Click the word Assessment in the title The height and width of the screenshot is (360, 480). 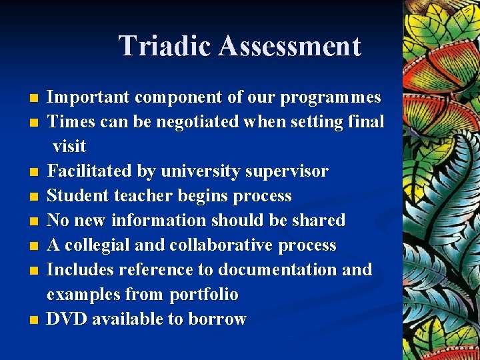click(x=289, y=46)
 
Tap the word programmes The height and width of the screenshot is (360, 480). click(x=331, y=97)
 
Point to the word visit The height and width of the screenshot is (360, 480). click(x=69, y=146)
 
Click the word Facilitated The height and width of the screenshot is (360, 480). click(x=89, y=171)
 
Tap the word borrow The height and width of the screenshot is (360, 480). click(x=217, y=319)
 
